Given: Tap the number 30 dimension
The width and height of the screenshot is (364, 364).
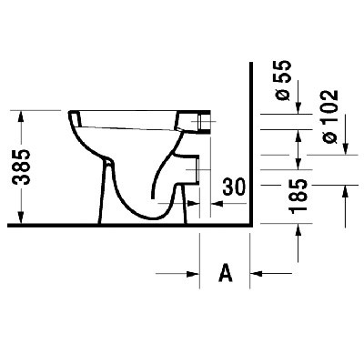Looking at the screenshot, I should tap(234, 187).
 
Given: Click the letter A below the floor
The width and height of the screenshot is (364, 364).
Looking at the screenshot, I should tap(226, 271).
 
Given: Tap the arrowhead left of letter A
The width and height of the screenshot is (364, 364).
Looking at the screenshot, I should tap(195, 271).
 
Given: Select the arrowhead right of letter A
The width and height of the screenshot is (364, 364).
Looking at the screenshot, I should tap(257, 271).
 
